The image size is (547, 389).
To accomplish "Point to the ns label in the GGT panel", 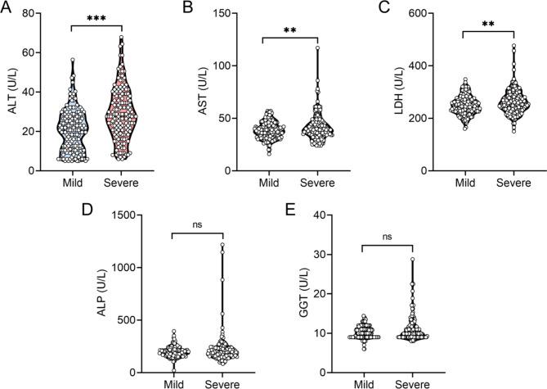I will coord(387,238).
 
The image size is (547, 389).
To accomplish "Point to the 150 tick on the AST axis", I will coord(223,13).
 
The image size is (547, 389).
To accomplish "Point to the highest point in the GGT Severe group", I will coord(413,260).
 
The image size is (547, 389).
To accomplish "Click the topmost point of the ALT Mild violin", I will coord(72,60).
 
